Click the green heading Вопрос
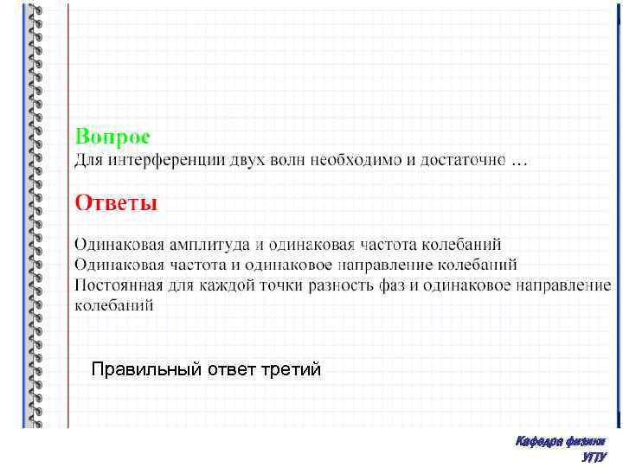click(x=112, y=137)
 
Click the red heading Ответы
click(x=116, y=203)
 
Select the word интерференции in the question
click(x=155, y=160)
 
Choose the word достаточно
click(x=463, y=160)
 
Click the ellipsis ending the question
click(x=518, y=162)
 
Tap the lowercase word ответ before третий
click(x=231, y=370)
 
